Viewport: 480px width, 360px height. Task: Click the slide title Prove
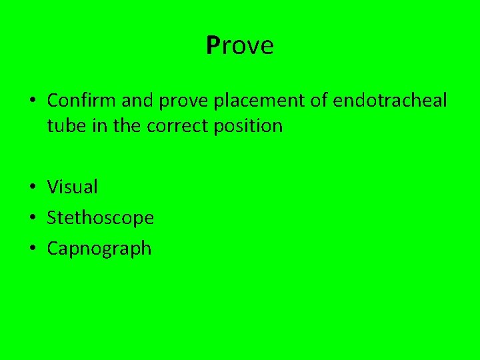[240, 45]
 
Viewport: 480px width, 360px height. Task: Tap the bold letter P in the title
[213, 45]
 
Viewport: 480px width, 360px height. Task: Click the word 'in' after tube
[99, 125]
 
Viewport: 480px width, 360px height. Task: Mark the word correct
[173, 125]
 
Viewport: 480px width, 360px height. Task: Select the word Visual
[72, 187]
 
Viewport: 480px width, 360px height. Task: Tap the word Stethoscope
[100, 218]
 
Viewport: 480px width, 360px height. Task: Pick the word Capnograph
[99, 249]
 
